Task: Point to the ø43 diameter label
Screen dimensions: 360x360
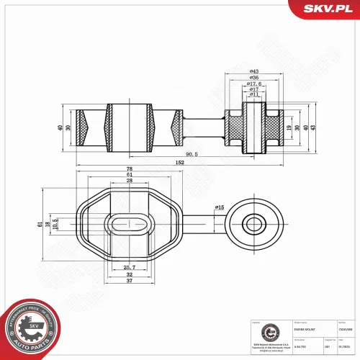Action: (x=254, y=71)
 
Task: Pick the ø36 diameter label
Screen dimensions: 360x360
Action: (x=254, y=80)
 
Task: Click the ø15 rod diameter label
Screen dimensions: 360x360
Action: (x=219, y=207)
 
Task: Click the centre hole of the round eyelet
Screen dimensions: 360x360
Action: (x=253, y=222)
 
